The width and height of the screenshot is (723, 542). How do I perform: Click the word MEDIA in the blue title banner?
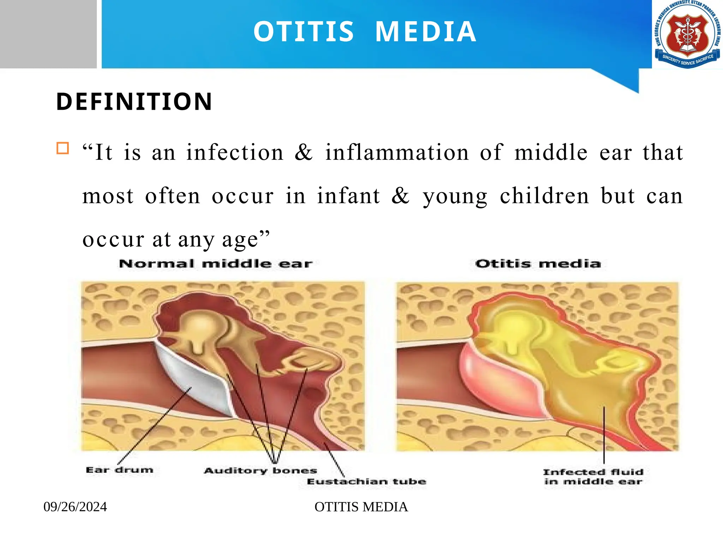425,32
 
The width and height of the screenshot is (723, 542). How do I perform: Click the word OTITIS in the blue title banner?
304,32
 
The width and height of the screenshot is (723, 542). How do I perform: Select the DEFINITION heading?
134,102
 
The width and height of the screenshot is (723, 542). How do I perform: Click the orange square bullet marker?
63,148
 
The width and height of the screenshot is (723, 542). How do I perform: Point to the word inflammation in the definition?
397,152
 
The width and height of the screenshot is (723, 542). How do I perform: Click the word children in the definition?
544,196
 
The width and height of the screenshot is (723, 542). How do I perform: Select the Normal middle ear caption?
216,264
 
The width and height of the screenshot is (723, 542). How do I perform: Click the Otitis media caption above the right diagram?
538,264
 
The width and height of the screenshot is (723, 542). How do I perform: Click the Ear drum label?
120,470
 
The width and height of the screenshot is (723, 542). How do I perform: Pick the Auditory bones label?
261,471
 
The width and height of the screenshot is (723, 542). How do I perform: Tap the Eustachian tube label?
366,482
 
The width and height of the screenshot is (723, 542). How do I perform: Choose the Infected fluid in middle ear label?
593,477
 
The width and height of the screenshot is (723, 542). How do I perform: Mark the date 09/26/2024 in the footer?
75,507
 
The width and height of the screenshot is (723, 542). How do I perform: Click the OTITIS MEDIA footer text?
361,507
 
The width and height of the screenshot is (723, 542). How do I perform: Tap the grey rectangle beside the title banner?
48,34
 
